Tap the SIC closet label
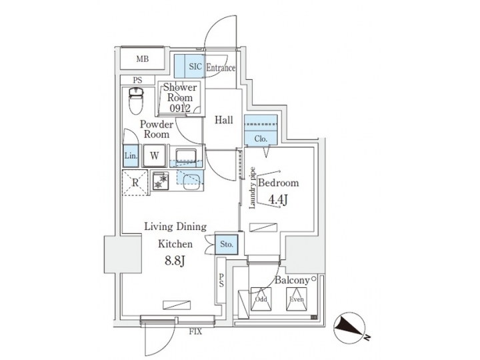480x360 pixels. coord(195,67)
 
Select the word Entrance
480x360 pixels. coord(220,67)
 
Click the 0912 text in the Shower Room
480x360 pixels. coord(180,108)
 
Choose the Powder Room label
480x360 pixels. coord(157,129)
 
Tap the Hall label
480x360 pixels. coord(224,121)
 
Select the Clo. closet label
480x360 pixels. coord(261,139)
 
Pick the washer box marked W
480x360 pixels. coord(154,156)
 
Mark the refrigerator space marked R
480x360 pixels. coord(135,181)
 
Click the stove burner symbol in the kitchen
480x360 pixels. coord(160,180)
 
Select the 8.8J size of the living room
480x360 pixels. coord(175,261)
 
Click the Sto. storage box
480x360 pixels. coord(226,245)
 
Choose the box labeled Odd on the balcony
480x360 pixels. coord(261,301)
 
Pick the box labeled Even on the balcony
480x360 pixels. coord(297,301)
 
